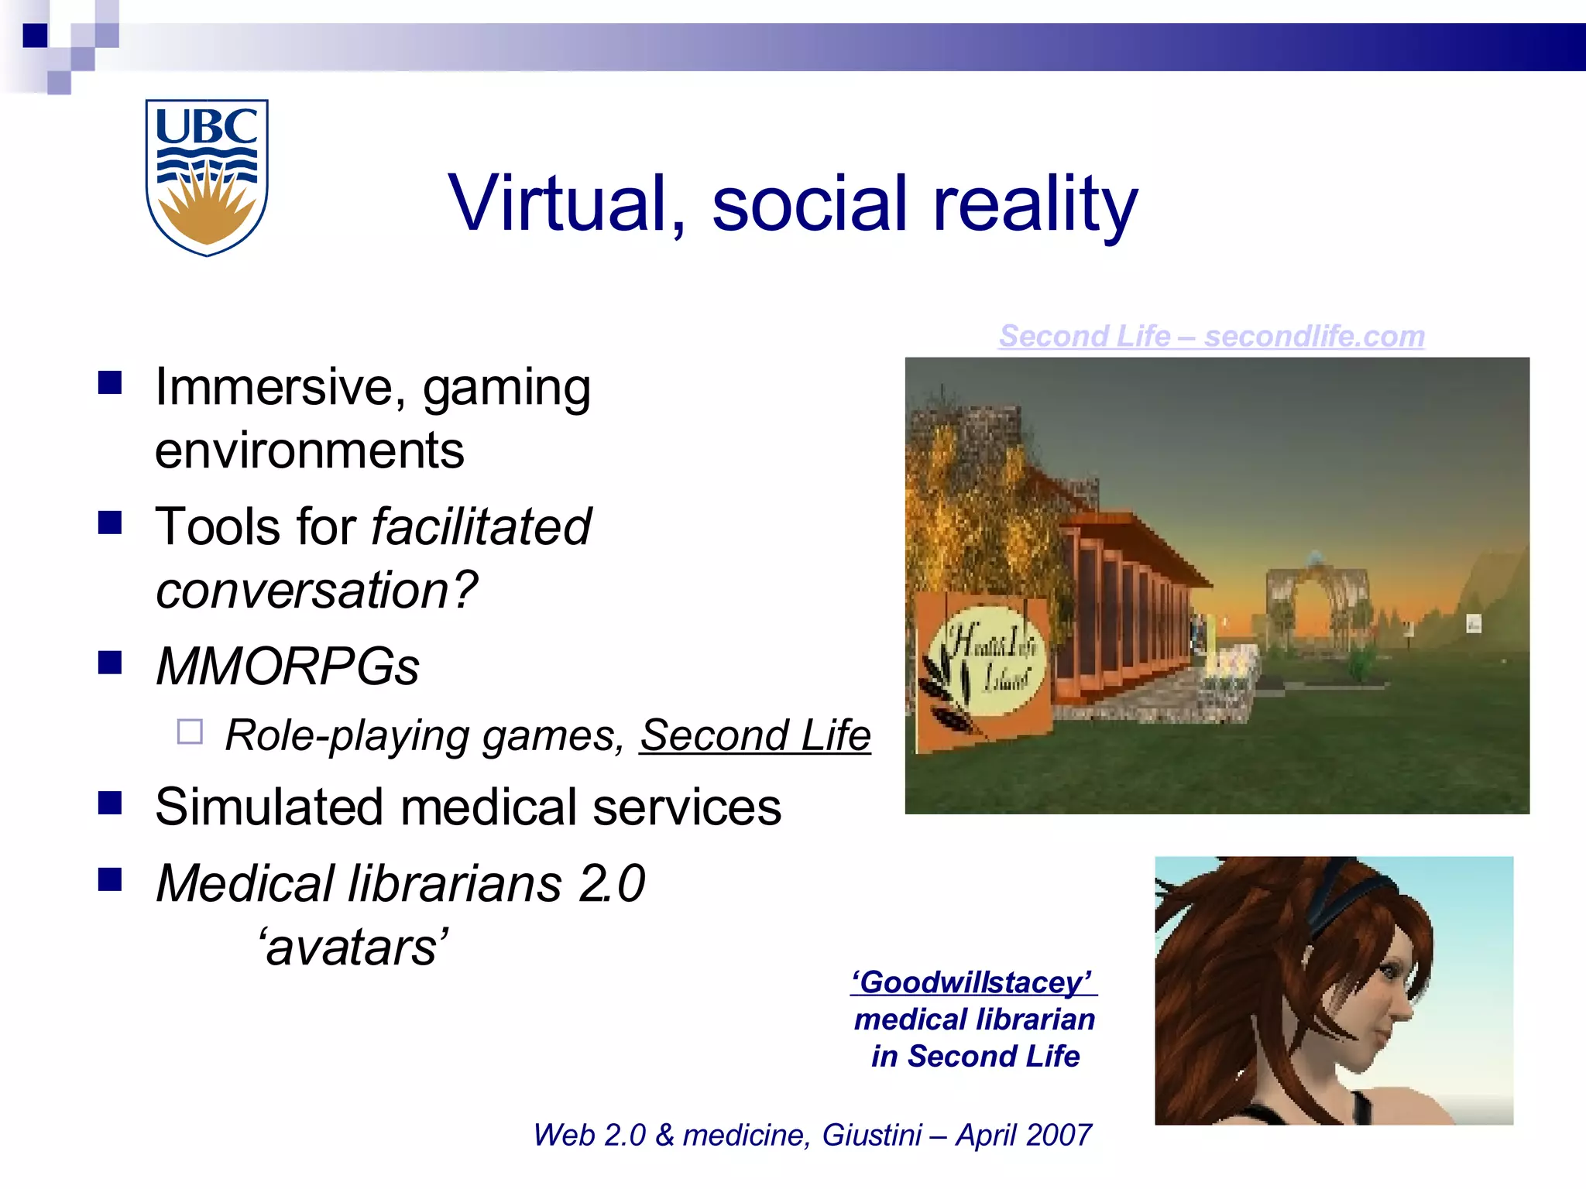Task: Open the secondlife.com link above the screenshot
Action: [1211, 336]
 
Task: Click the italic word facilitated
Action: [481, 527]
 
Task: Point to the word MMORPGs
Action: [287, 667]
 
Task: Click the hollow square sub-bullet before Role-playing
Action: [190, 732]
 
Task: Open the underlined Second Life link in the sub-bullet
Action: [755, 735]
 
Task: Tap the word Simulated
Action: [269, 807]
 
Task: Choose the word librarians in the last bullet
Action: [455, 884]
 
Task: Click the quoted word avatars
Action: [353, 947]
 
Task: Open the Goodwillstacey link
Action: [973, 982]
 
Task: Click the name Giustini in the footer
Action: [872, 1136]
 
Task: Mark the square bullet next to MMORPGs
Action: [110, 663]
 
